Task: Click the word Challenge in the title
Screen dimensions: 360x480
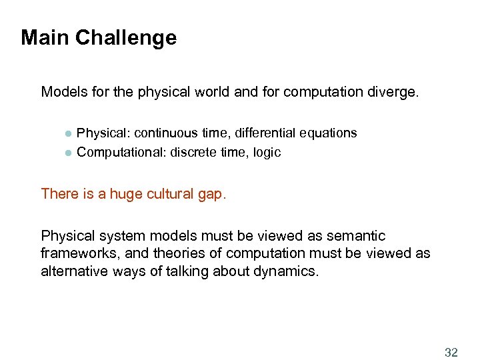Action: pyautogui.click(x=126, y=37)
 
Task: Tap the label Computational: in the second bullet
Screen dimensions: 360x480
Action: pyautogui.click(x=122, y=153)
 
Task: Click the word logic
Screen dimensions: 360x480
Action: pyautogui.click(x=266, y=153)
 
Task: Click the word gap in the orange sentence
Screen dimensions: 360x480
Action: pyautogui.click(x=215, y=194)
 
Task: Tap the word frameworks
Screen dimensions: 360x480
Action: pyautogui.click(x=73, y=254)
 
